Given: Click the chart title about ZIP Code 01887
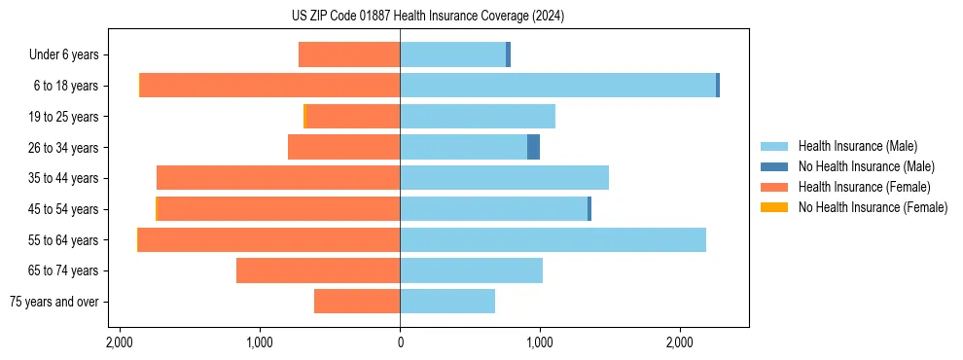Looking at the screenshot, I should (x=427, y=17).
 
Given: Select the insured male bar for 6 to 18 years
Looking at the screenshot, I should (x=557, y=86).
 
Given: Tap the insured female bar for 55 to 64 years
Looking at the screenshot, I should (x=268, y=239).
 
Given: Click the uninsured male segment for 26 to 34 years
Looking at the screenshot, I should (x=533, y=147).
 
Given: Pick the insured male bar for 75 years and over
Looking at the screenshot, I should (x=447, y=302).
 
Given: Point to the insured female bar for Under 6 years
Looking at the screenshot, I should (x=349, y=54).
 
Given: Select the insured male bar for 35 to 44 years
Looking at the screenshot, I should (x=504, y=178).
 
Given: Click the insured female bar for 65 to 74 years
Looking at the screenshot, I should (x=318, y=270).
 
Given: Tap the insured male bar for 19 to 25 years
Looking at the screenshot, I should (x=478, y=117).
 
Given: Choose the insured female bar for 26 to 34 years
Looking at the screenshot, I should (x=344, y=147).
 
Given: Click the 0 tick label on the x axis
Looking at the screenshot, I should (x=400, y=343).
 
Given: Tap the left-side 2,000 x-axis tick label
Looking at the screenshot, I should (x=120, y=343).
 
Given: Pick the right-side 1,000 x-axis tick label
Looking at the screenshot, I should (x=540, y=343).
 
